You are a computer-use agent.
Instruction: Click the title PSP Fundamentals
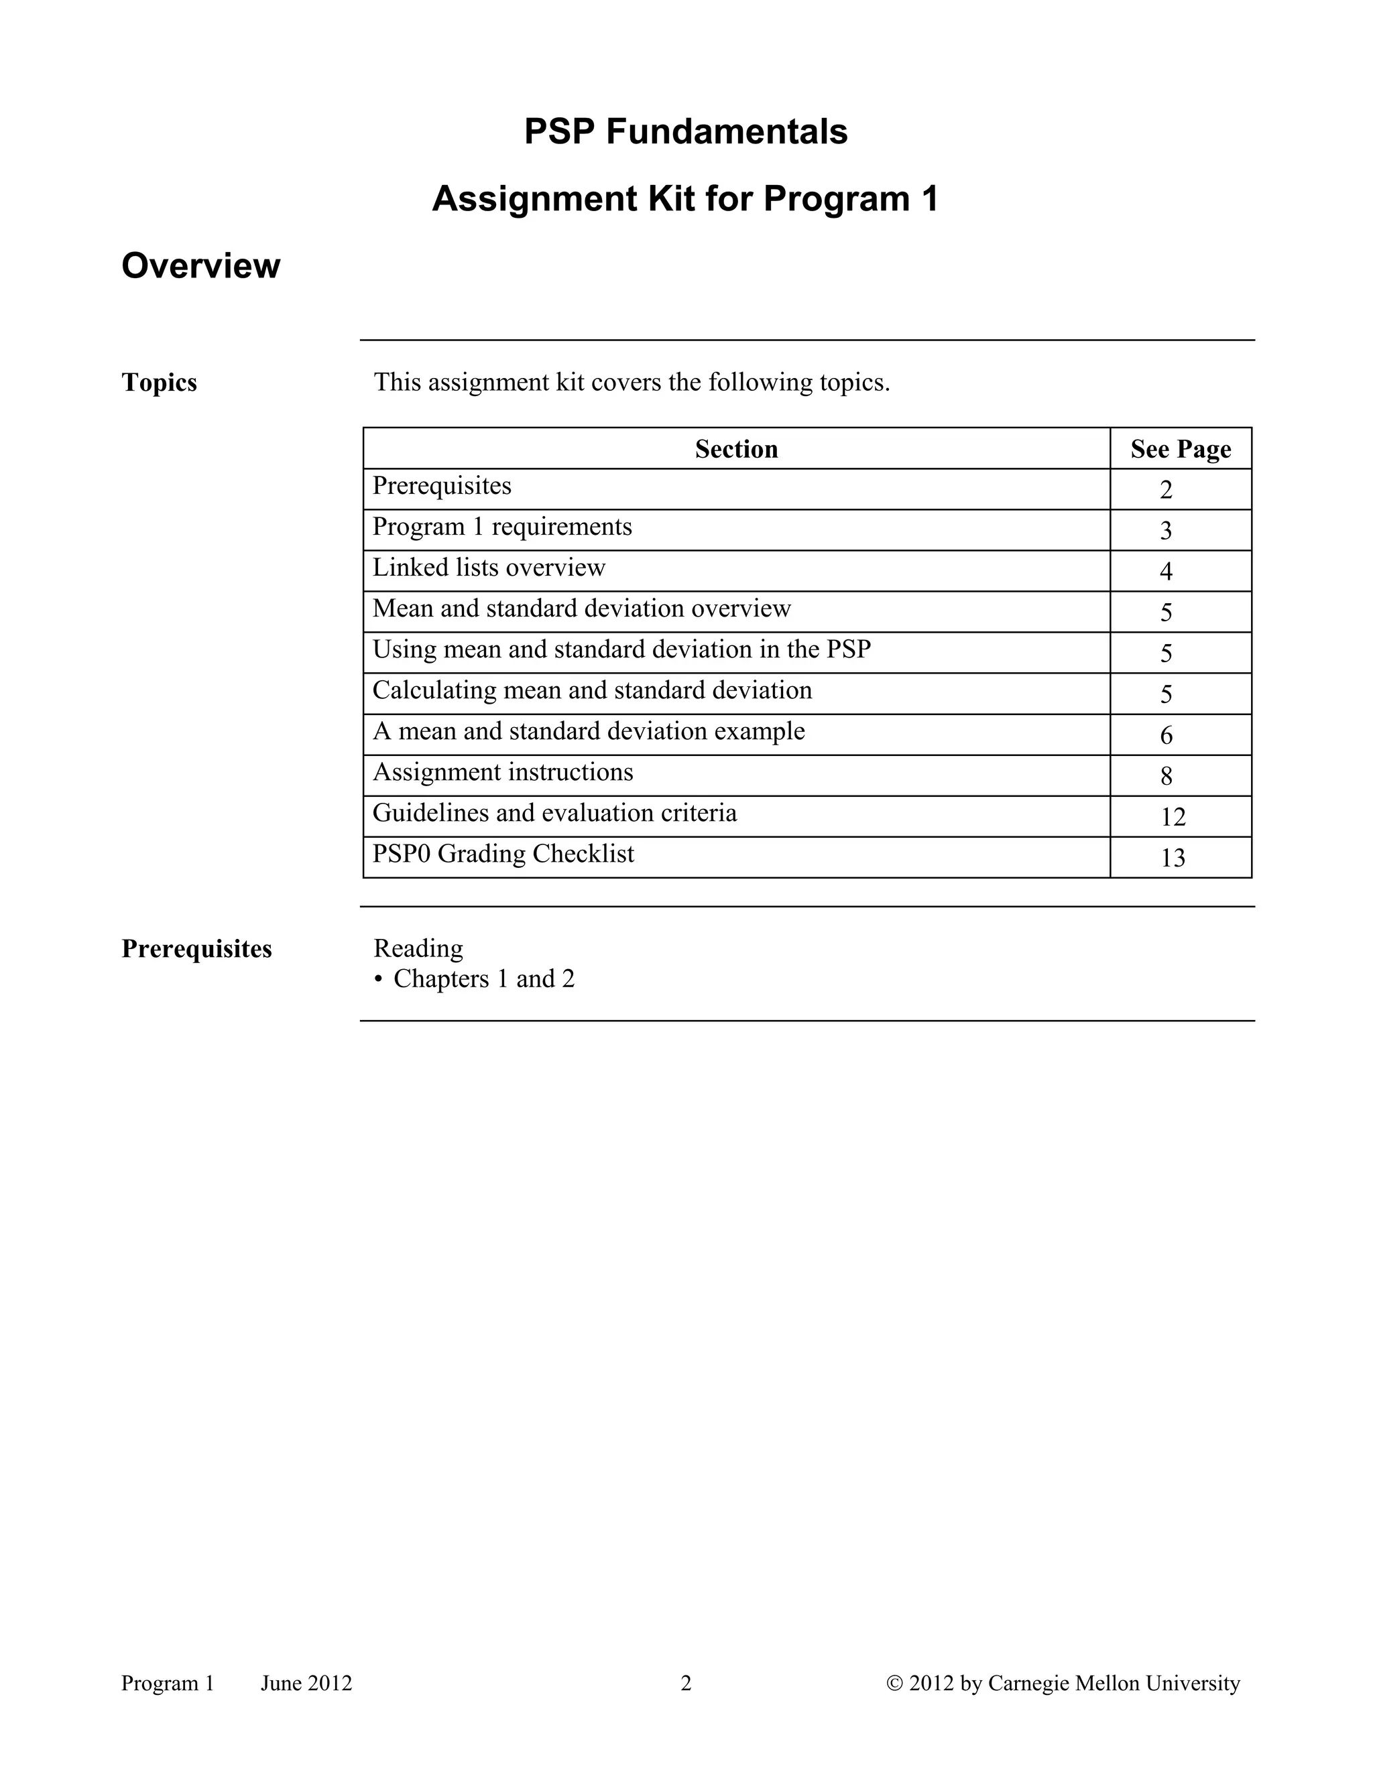[686, 132]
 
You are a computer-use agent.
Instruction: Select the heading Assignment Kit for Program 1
[686, 199]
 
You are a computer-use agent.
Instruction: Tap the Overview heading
[201, 266]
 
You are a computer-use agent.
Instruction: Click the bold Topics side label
[160, 382]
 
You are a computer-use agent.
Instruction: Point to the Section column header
[736, 449]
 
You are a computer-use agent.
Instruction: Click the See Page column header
[1180, 449]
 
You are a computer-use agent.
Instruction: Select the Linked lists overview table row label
[489, 568]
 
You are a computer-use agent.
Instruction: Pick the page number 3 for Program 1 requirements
[1166, 531]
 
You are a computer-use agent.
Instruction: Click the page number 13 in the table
[1172, 858]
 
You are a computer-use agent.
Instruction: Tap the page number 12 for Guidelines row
[1172, 817]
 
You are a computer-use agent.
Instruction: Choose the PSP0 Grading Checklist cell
[503, 854]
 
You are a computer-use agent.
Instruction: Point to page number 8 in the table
[1166, 777]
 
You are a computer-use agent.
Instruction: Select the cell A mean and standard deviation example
[588, 731]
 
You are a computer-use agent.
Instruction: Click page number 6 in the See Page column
[1166, 736]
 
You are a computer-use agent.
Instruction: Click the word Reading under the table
[418, 948]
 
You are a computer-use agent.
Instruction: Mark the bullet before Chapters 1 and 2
[378, 980]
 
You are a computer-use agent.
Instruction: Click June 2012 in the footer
[306, 1684]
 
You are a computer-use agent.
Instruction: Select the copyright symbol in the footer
[895, 1684]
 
